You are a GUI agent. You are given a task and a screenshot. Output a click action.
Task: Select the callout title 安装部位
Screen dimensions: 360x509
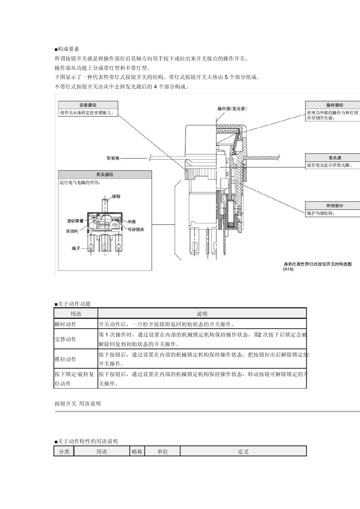tap(88, 105)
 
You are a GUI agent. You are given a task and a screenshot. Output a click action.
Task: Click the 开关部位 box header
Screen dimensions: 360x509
tap(105, 175)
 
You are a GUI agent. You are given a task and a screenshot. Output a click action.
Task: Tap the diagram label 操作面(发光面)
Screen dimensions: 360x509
tap(232, 109)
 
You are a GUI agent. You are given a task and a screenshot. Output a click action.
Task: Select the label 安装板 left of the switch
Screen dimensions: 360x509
tap(113, 158)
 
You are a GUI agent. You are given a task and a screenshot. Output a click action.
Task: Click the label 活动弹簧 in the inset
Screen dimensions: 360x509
tap(75, 221)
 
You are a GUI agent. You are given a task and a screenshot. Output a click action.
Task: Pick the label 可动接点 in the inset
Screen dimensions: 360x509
tap(135, 230)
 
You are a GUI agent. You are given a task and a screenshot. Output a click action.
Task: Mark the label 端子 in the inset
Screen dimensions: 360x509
tap(76, 248)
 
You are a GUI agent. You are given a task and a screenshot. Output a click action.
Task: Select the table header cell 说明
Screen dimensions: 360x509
tap(202, 314)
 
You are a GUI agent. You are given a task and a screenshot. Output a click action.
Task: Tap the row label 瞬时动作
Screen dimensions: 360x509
tap(66, 324)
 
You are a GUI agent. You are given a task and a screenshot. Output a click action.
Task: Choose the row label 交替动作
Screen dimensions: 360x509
tap(66, 339)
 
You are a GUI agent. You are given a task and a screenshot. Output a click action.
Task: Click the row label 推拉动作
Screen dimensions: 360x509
tap(66, 359)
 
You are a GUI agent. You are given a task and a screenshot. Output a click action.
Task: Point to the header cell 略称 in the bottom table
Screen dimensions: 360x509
tap(137, 451)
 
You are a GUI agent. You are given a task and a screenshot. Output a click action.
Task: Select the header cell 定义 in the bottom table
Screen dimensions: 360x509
tap(243, 451)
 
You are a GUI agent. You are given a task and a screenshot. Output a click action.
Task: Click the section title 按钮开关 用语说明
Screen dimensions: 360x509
tap(78, 404)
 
